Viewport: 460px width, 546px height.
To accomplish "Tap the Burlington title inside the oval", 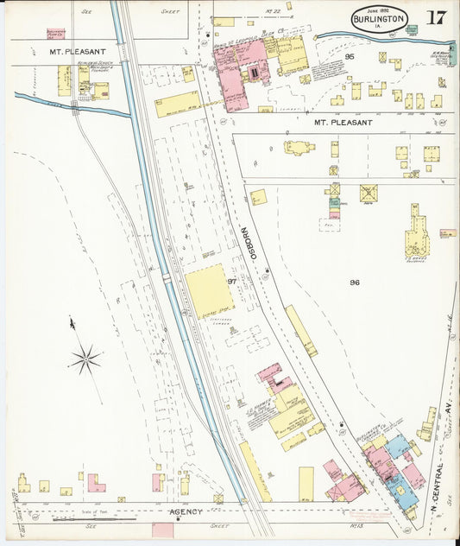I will pyautogui.click(x=378, y=20).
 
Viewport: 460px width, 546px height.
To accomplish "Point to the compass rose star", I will pyautogui.click(x=85, y=359).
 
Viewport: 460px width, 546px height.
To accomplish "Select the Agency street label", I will pyautogui.click(x=185, y=511).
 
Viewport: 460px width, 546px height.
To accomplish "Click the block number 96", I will pyautogui.click(x=355, y=283).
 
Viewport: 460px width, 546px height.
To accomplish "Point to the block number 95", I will pyautogui.click(x=350, y=57).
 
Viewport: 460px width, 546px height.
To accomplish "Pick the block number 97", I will pyautogui.click(x=231, y=282).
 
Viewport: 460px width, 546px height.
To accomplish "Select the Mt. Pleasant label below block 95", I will pyautogui.click(x=342, y=123).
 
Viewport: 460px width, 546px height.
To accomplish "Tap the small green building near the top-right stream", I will pyautogui.click(x=412, y=29).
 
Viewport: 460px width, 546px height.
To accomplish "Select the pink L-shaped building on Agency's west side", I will pyautogui.click(x=95, y=484).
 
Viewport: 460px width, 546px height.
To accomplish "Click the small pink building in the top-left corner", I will pyautogui.click(x=56, y=34).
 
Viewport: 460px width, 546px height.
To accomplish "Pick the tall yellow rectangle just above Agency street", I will pyautogui.click(x=306, y=483).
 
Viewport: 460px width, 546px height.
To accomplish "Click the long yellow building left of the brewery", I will pyautogui.click(x=177, y=105).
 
